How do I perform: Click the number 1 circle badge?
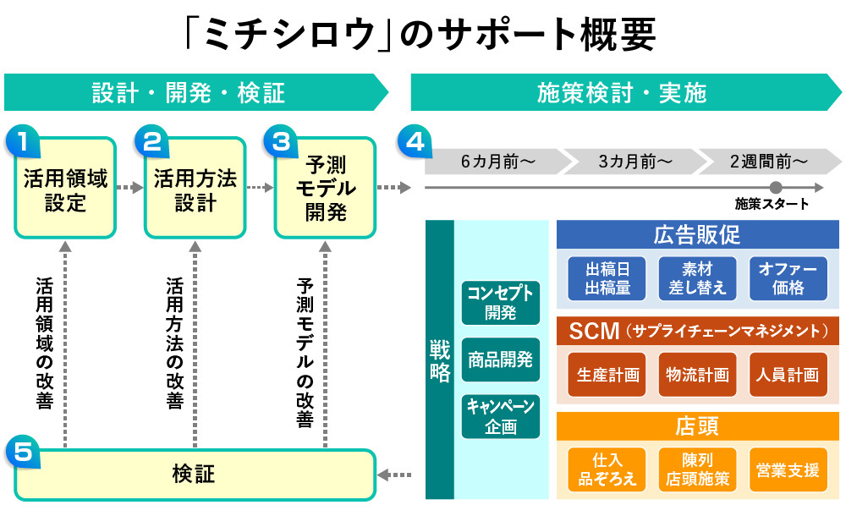coord(25,142)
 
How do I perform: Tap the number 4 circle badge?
coord(415,142)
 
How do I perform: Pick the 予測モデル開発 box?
coord(326,188)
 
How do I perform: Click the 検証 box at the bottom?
coord(194,474)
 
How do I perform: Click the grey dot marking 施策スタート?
coord(776,187)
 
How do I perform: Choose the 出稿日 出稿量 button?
coord(606,278)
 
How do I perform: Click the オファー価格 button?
coord(788,278)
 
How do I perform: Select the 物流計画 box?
coord(697,375)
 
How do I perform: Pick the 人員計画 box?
coord(788,375)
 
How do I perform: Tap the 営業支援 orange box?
coord(788,470)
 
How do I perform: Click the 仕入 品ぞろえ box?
coord(606,470)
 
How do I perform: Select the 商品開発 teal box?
coord(501,359)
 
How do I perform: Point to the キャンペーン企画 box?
coord(501,415)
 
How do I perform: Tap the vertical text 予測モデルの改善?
coord(305,352)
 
